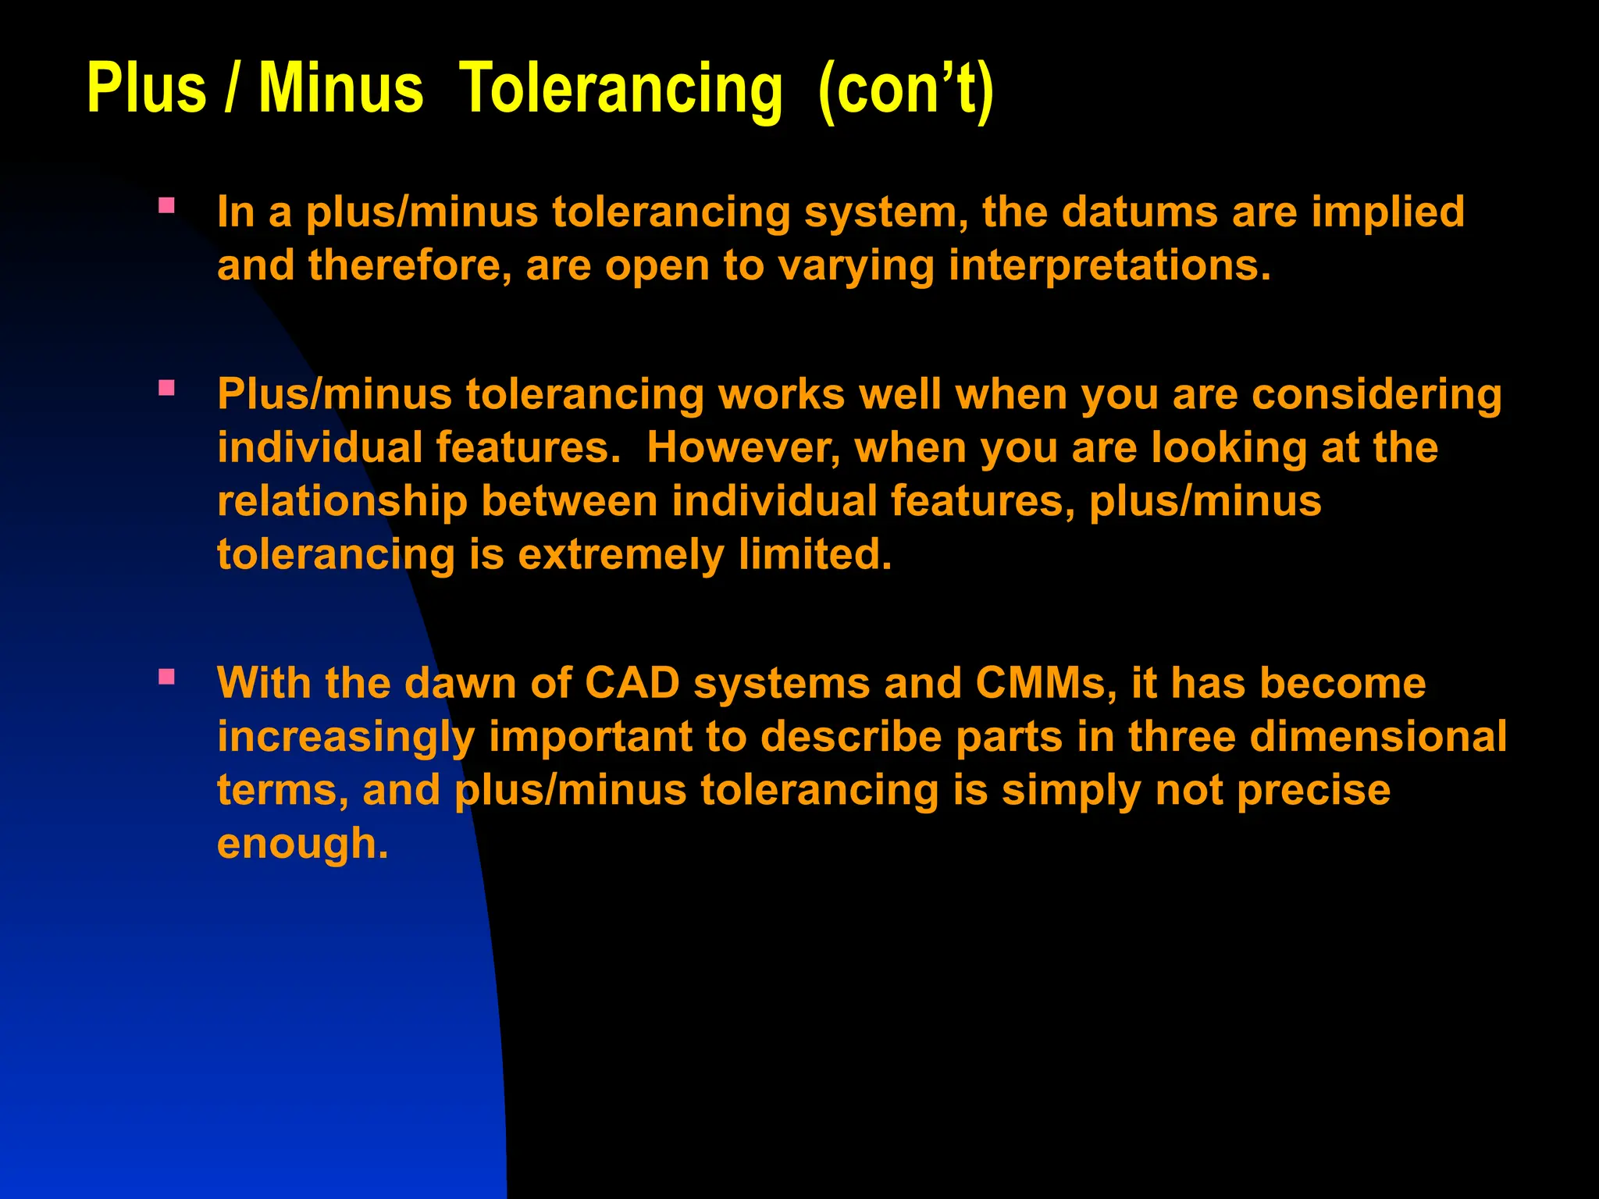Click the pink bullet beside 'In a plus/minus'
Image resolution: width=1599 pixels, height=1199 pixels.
pos(166,206)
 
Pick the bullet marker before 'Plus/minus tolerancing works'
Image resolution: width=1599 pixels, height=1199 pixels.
pos(166,388)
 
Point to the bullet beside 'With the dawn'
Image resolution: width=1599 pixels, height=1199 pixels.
pos(166,677)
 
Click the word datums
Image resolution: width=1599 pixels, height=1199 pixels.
pos(1139,212)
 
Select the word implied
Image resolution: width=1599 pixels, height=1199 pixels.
pos(1387,212)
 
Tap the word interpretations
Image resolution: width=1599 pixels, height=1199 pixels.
pos(1109,265)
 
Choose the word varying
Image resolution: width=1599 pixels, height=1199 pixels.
pos(856,266)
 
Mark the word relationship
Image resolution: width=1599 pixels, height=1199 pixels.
pos(342,501)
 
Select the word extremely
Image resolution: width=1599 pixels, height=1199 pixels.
pos(621,555)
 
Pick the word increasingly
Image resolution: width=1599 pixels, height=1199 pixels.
pos(346,737)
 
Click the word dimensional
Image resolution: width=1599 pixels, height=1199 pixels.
pos(1378,736)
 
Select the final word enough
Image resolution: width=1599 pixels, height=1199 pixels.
pos(302,844)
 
